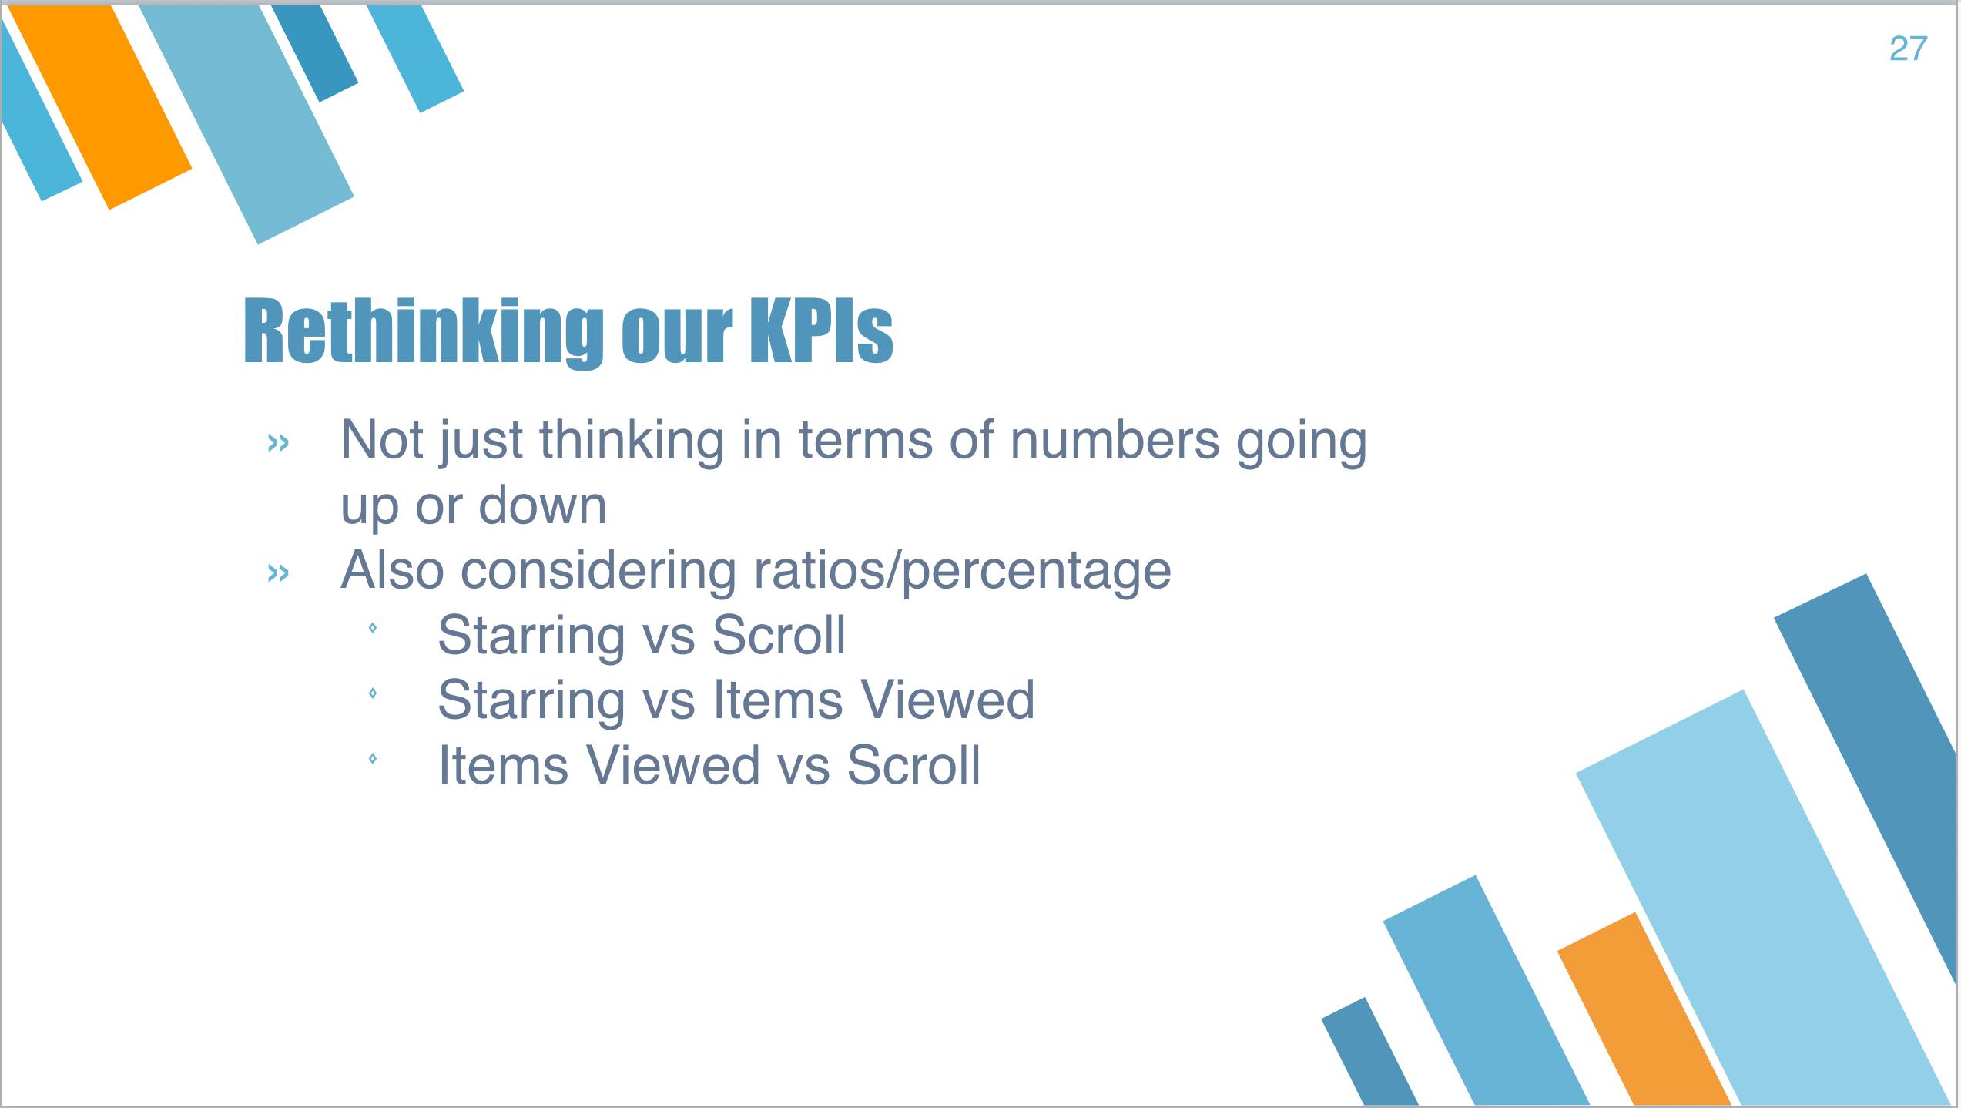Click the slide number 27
pyautogui.click(x=1908, y=49)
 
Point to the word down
pyautogui.click(x=543, y=505)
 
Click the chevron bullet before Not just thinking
pyautogui.click(x=278, y=442)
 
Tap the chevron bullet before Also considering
pyautogui.click(x=278, y=572)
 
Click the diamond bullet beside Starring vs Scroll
pyautogui.click(x=373, y=628)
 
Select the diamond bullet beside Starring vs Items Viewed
pyautogui.click(x=373, y=693)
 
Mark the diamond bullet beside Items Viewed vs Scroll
pyautogui.click(x=373, y=759)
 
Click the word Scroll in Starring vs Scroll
pyautogui.click(x=779, y=635)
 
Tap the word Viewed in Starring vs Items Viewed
pyautogui.click(x=947, y=700)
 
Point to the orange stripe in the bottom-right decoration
pyautogui.click(x=1644, y=1009)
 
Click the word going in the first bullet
pyautogui.click(x=1302, y=442)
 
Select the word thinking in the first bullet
pyautogui.click(x=632, y=442)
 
